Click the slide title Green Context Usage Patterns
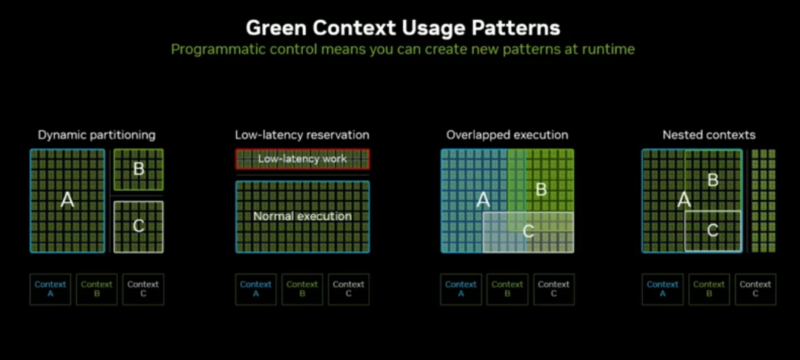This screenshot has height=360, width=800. tap(403, 28)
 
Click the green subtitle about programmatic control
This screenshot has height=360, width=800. tap(403, 50)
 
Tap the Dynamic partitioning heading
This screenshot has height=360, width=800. tap(97, 135)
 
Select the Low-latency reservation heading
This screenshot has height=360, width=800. tap(302, 135)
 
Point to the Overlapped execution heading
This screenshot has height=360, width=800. tap(507, 135)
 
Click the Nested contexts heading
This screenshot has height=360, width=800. tap(709, 135)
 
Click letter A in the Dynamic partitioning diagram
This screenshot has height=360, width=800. tap(67, 199)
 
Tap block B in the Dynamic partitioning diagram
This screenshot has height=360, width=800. tap(139, 169)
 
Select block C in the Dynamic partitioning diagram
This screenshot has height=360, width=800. tap(139, 226)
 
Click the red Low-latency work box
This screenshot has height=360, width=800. tap(302, 159)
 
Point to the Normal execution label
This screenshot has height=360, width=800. tap(302, 216)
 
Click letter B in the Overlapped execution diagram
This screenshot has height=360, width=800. tap(541, 189)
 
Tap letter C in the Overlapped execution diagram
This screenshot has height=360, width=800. tap(528, 231)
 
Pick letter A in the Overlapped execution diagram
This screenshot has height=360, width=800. tap(483, 199)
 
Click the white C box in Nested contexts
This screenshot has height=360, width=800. tap(713, 230)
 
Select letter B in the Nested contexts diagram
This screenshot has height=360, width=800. tap(713, 180)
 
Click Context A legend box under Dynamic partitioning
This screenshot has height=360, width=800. tap(50, 289)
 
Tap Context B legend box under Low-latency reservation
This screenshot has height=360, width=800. tap(302, 289)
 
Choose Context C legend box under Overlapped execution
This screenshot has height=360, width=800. tap(553, 289)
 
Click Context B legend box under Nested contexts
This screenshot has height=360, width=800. tap(709, 289)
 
